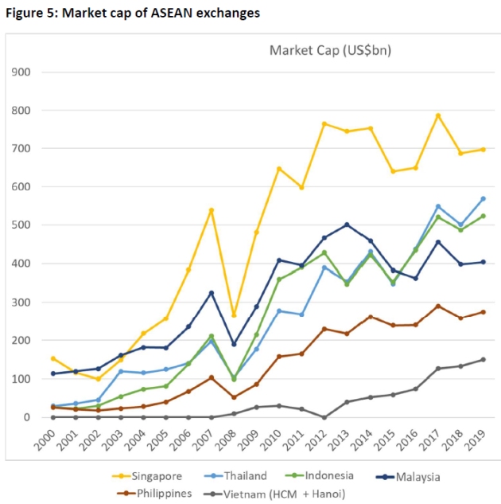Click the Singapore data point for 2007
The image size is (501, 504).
pos(211,210)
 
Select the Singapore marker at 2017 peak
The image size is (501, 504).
pos(437,115)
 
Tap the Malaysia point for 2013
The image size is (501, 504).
pos(347,225)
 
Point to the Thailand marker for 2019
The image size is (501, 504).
pos(483,198)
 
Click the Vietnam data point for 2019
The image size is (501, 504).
pos(483,359)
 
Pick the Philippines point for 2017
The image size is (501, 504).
pos(437,306)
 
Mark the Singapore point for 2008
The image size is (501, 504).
pos(233,315)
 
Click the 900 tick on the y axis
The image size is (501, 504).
pos(21,72)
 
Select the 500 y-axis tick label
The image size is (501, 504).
pos(21,225)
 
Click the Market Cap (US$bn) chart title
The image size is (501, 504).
pos(330,51)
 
